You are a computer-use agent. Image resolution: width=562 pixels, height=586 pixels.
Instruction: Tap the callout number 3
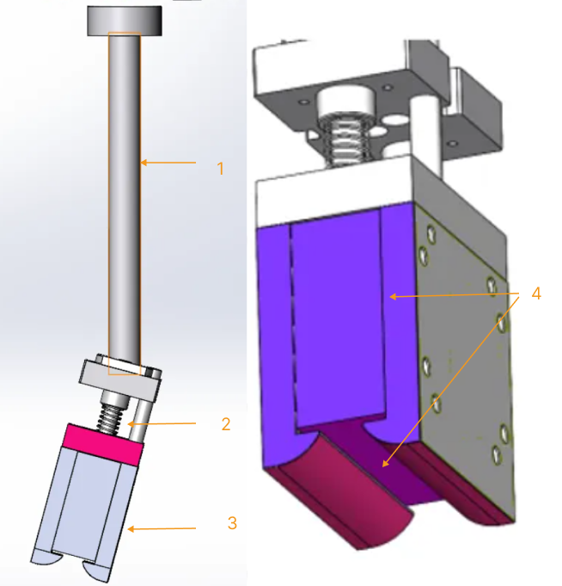point(232,522)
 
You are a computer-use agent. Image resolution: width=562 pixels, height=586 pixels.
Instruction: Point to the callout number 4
point(535,293)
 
